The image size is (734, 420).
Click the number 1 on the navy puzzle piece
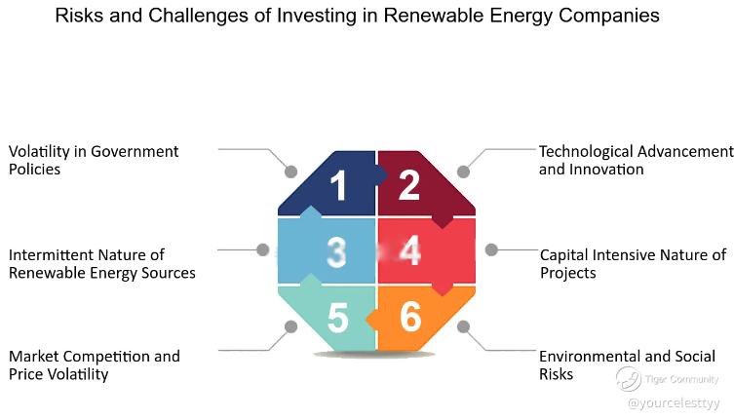tap(338, 185)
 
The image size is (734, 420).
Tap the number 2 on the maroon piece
tap(409, 185)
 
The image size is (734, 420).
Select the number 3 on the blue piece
tap(337, 252)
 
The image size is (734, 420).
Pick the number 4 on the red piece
tap(410, 250)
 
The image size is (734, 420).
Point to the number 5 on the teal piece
tap(338, 318)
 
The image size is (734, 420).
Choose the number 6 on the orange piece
tap(410, 317)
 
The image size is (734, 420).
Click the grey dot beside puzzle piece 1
tap(290, 172)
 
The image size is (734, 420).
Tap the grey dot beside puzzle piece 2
tap(463, 172)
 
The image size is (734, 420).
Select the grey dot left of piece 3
tap(263, 250)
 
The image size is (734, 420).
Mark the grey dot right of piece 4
tap(491, 250)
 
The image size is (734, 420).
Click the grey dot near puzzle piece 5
tap(290, 326)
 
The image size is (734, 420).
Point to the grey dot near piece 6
tap(463, 326)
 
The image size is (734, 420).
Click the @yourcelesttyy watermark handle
tap(674, 403)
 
